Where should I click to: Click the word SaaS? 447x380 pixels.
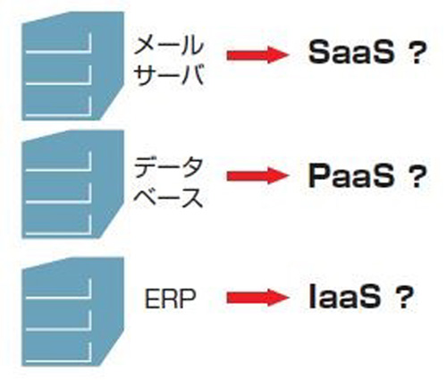[351, 53]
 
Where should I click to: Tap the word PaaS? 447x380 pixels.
[350, 176]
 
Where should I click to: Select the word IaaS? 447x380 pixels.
[345, 296]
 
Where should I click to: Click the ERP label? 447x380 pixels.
[170, 299]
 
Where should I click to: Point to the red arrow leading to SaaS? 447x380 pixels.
[257, 55]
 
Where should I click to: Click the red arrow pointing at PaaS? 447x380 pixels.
[257, 175]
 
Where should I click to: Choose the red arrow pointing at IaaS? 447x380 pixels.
[257, 298]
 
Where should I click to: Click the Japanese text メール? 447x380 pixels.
[169, 45]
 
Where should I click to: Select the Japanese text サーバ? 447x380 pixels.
[169, 74]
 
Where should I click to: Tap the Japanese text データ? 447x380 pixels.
[169, 167]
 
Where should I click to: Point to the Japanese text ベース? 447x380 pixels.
[169, 197]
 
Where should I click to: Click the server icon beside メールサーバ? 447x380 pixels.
[72, 66]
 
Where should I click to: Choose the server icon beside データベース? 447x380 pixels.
[72, 184]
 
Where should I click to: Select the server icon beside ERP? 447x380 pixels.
[72, 312]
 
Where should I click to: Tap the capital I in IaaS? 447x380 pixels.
[312, 296]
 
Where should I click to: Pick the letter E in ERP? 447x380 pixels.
[151, 299]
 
